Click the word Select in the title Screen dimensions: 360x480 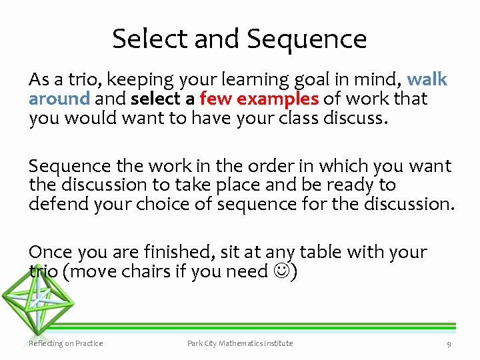pyautogui.click(x=150, y=39)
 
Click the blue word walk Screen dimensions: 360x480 pyautogui.click(x=427, y=80)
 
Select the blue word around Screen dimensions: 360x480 pyautogui.click(x=59, y=99)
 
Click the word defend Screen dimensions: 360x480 pyautogui.click(x=58, y=203)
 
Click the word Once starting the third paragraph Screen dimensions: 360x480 pyautogui.click(x=51, y=252)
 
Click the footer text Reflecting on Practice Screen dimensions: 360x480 pyautogui.click(x=66, y=343)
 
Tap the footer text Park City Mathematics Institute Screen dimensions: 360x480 pyautogui.click(x=240, y=343)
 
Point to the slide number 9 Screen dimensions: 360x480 pyautogui.click(x=449, y=344)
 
